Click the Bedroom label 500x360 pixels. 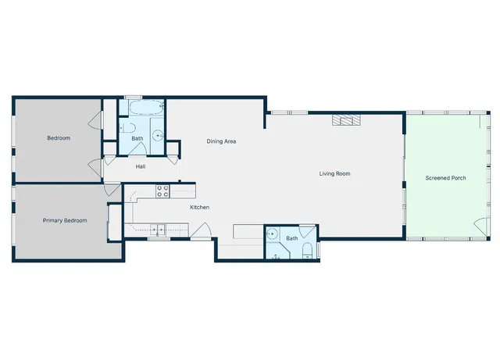pyautogui.click(x=59, y=138)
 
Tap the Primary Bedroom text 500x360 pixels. pyautogui.click(x=64, y=220)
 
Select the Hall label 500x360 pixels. pyautogui.click(x=141, y=166)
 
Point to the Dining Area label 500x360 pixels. pyautogui.click(x=221, y=141)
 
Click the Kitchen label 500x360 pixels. pyautogui.click(x=200, y=207)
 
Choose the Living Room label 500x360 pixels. pyautogui.click(x=334, y=173)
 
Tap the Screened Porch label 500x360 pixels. pyautogui.click(x=445, y=178)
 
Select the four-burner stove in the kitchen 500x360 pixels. pyautogui.click(x=163, y=190)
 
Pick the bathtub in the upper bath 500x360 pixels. pyautogui.click(x=142, y=108)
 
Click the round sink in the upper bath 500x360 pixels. pyautogui.click(x=158, y=135)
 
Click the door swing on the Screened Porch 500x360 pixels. pyautogui.click(x=478, y=226)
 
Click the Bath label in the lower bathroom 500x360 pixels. pyautogui.click(x=292, y=237)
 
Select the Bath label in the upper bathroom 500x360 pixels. pyautogui.click(x=137, y=139)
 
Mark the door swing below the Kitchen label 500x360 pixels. pyautogui.click(x=199, y=230)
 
